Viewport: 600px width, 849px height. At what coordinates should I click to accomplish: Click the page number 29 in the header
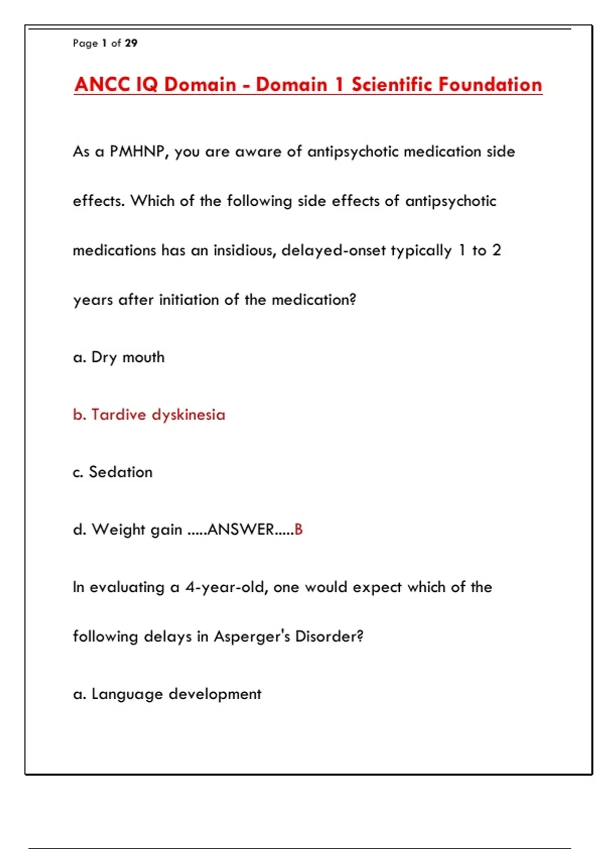pos(131,43)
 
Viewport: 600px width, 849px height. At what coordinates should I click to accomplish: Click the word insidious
pos(244,250)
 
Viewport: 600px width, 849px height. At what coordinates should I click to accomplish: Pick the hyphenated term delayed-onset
pos(333,250)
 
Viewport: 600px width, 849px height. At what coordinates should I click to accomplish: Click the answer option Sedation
pos(120,472)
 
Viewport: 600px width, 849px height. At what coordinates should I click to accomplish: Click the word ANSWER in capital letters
pos(240,530)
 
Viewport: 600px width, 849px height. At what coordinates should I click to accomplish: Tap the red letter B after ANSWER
pos(298,530)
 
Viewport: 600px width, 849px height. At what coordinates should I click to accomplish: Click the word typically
pos(421,250)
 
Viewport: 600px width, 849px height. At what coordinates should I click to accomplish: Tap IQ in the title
pos(146,84)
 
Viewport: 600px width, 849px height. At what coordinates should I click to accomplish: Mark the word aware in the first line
pos(258,152)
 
